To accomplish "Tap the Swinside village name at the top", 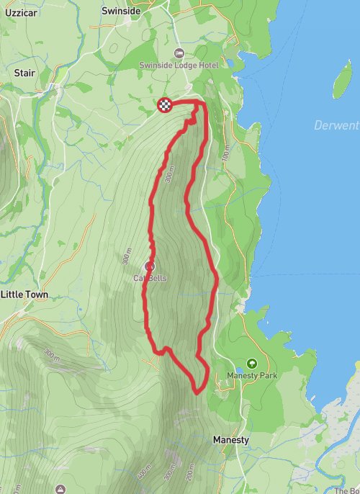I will [120, 12].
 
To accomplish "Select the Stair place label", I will [25, 73].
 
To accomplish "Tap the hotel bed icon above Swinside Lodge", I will [179, 53].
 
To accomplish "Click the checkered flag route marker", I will [165, 106].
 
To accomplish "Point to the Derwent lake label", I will [336, 126].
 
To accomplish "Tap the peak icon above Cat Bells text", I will [150, 266].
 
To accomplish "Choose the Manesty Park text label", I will [252, 375].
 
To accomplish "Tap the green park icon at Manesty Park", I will [252, 364].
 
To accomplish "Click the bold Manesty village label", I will [231, 439].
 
